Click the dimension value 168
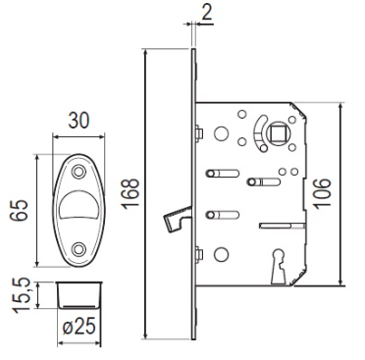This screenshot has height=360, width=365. point(130,193)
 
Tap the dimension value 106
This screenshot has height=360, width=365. point(322,193)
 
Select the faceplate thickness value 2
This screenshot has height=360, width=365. point(206,13)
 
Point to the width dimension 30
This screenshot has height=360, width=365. point(78,121)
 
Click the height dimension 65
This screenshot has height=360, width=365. point(19,210)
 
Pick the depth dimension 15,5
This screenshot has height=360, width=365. point(22,295)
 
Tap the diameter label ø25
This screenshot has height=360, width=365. point(78,326)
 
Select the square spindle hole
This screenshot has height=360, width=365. point(277,133)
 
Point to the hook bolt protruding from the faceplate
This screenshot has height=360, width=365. point(177,217)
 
